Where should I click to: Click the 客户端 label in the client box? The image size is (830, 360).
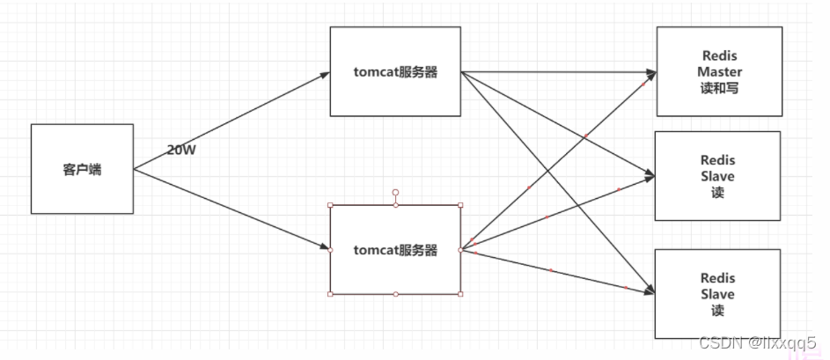[82, 170]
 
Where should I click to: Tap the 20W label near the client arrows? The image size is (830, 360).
[181, 150]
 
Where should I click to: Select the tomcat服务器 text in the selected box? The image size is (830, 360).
[395, 250]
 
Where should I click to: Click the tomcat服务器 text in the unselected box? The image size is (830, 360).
[395, 72]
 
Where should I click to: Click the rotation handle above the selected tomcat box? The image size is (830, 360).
[395, 192]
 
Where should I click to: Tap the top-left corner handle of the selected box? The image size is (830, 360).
[330, 205]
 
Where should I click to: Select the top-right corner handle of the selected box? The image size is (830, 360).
[460, 205]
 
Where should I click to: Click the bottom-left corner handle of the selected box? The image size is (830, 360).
[330, 294]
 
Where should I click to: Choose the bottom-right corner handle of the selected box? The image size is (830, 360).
[460, 294]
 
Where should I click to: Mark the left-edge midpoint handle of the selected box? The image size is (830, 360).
[330, 250]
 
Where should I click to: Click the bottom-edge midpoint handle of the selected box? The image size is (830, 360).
[395, 294]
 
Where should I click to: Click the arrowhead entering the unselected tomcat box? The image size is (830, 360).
[324, 74]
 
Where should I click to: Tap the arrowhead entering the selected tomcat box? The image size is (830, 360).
[324, 249]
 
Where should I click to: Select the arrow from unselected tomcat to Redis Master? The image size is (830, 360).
[563, 70]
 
